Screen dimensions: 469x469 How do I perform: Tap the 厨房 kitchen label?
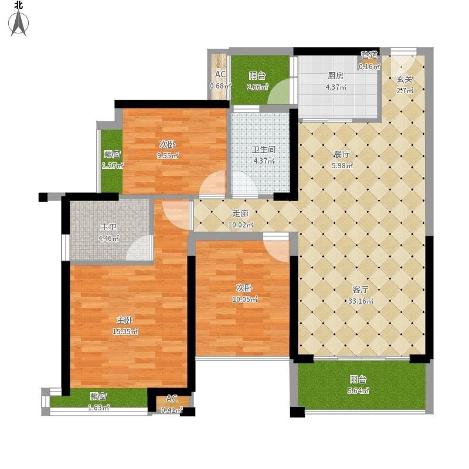click(x=335, y=76)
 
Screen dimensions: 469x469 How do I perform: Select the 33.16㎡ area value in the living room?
click(x=361, y=301)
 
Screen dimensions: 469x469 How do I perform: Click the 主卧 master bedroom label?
click(x=124, y=320)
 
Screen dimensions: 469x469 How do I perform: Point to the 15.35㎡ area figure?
click(x=125, y=331)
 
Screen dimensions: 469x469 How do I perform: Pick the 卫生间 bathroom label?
click(x=263, y=149)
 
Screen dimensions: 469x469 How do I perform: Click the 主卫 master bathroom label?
click(x=108, y=227)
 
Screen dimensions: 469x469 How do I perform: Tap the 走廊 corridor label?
click(x=240, y=213)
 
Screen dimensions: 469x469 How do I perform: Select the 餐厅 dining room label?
click(x=342, y=154)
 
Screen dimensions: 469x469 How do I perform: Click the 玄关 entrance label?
click(x=405, y=80)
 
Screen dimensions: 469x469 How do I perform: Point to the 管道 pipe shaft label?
click(x=369, y=55)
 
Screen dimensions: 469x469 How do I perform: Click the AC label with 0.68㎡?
click(x=220, y=74)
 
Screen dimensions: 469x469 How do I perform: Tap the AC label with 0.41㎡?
click(x=172, y=399)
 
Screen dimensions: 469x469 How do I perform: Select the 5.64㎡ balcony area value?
click(x=358, y=390)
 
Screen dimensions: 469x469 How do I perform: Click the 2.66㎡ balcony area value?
click(x=257, y=87)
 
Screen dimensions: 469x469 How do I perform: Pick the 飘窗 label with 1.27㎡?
click(x=113, y=154)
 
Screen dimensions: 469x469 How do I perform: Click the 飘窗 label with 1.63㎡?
click(x=98, y=397)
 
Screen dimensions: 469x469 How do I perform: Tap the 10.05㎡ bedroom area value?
click(x=244, y=299)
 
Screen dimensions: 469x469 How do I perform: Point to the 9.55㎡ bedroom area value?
click(x=168, y=155)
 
